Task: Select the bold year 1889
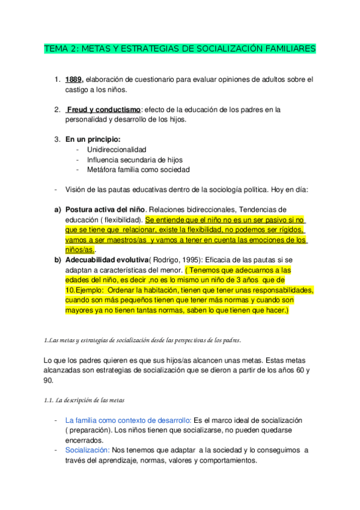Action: tap(75, 79)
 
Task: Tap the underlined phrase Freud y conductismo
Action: tap(103, 109)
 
